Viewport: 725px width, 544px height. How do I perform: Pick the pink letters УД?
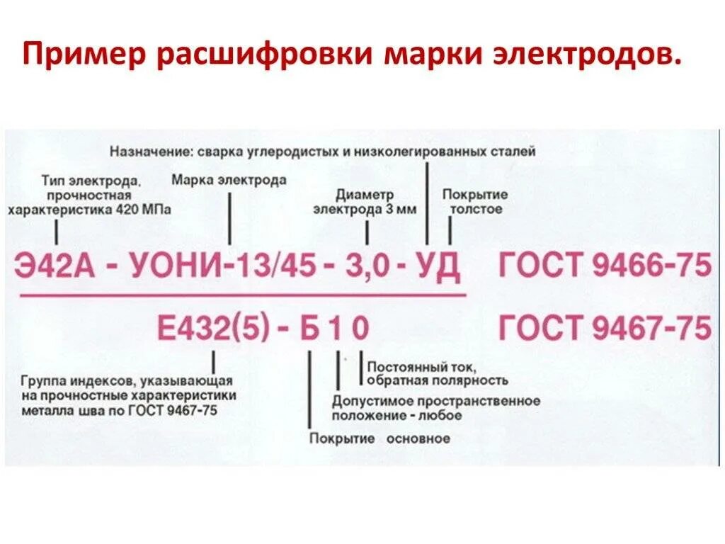click(437, 268)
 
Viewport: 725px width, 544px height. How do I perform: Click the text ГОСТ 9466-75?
click(605, 266)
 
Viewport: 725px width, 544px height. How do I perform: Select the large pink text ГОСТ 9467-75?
click(605, 328)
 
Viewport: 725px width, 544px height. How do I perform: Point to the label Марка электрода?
click(229, 180)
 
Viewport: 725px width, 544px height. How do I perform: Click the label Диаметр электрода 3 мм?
click(365, 202)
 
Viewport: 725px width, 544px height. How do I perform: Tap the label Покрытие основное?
click(379, 438)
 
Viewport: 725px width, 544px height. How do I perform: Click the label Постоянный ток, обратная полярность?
click(437, 374)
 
